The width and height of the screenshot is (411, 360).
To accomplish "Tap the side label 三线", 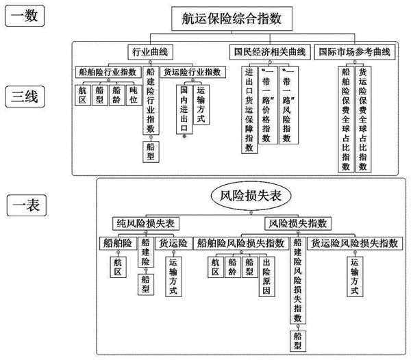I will pyautogui.click(x=26, y=97).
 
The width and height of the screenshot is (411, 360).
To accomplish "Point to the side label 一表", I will pyautogui.click(x=26, y=203).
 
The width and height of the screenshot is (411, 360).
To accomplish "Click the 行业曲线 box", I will pyautogui.click(x=150, y=52).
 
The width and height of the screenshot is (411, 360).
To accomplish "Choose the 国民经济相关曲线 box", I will pyautogui.click(x=269, y=52).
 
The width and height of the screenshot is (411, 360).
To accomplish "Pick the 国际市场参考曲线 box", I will pyautogui.click(x=355, y=52).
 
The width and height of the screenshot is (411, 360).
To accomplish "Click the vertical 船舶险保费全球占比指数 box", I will pyautogui.click(x=346, y=118).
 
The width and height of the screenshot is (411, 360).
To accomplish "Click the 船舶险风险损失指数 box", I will pyautogui.click(x=240, y=242).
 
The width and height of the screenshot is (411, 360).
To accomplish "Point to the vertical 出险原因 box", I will pyautogui.click(x=265, y=277).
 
